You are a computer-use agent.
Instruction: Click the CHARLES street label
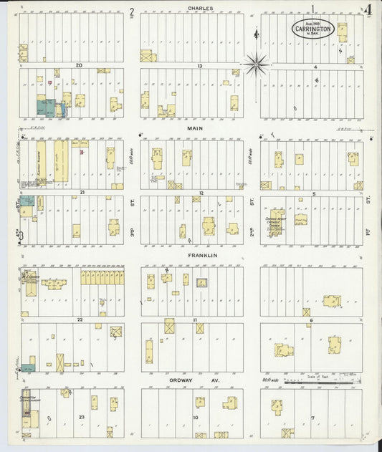(200, 9)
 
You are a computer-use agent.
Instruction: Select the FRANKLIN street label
(203, 255)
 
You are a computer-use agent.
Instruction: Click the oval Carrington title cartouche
(312, 29)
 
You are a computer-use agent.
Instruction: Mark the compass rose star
(256, 64)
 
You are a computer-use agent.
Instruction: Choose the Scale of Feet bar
(320, 381)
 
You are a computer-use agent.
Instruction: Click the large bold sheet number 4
(367, 11)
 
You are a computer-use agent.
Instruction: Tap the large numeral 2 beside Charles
(132, 12)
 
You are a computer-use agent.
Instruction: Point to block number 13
(199, 65)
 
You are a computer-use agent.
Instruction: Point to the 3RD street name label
(133, 232)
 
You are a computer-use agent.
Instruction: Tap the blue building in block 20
(47, 108)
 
